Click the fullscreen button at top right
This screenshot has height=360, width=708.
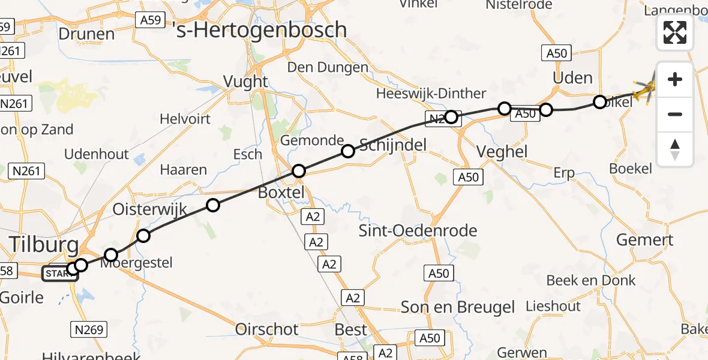tap(675, 32)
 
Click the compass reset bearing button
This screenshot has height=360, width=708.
tap(675, 149)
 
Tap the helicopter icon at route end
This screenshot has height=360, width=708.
tap(645, 91)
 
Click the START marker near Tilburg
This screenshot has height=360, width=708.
tap(59, 274)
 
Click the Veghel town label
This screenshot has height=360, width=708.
tap(503, 151)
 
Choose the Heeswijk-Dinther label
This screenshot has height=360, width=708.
tap(431, 94)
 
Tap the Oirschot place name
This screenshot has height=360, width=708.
tap(267, 329)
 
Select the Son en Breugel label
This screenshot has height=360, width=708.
tap(458, 307)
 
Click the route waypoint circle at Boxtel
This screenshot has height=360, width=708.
tap(299, 172)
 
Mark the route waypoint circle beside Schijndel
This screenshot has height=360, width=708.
tap(348, 151)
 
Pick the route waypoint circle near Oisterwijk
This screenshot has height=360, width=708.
tap(213, 206)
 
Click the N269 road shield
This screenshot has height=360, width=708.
tap(90, 329)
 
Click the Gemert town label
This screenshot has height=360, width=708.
tap(645, 240)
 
